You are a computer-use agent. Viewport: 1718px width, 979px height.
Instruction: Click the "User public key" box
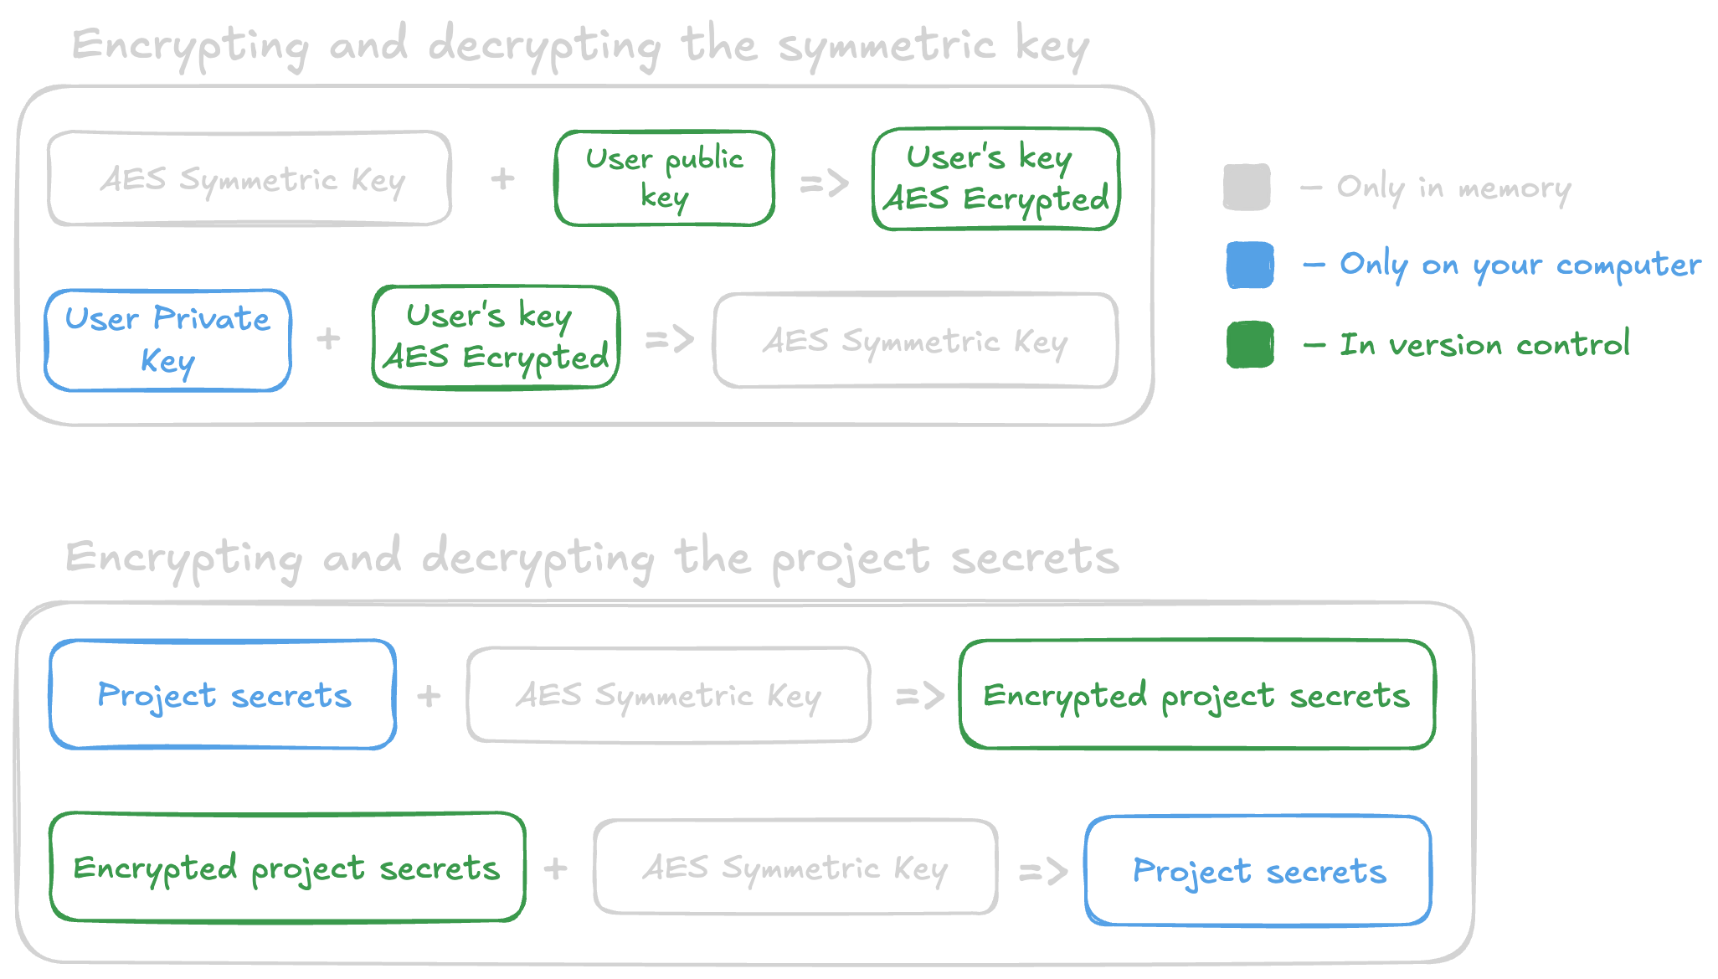pos(664,178)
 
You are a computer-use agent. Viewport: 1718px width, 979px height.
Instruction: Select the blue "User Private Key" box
pos(168,340)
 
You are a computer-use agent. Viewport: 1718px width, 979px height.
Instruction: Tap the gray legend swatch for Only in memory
pos(1247,187)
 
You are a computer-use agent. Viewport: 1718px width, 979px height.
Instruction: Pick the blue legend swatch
pos(1250,265)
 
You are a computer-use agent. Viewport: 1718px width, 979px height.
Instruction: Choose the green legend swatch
pos(1250,344)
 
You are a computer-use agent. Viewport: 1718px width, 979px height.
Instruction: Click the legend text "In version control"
pos(1484,344)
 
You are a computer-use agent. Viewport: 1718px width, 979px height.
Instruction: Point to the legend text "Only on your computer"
pos(1520,265)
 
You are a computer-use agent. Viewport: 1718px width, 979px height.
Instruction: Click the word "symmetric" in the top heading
pos(887,46)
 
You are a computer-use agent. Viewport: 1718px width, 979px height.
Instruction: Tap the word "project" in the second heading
pos(851,559)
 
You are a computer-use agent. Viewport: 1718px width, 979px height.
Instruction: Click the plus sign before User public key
pos(502,178)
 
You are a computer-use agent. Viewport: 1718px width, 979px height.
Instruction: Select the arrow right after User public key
pos(824,183)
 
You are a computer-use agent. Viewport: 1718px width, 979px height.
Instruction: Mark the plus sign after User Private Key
pos(328,338)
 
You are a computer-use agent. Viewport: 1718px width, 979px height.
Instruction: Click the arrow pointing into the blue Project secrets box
pos(1043,872)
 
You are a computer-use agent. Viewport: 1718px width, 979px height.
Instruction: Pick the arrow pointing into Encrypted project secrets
pos(920,695)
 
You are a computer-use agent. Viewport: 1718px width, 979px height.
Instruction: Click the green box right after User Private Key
pos(496,337)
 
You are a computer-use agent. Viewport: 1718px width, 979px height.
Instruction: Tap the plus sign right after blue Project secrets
pos(429,696)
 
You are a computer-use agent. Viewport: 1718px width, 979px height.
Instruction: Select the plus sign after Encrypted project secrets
pos(555,868)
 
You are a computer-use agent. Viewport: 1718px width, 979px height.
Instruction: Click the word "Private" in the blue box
pos(212,319)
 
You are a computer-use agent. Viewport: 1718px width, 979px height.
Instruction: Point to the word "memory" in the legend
pos(1515,189)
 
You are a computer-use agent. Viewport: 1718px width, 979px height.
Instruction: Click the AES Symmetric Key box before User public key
pos(249,178)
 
